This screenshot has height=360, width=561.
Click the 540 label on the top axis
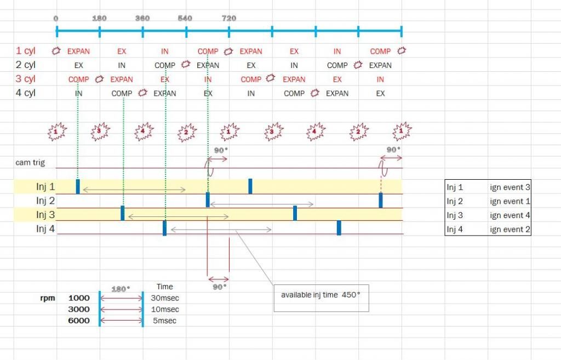point(185,18)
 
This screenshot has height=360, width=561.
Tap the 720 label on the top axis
point(229,18)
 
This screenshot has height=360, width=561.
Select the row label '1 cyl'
point(26,51)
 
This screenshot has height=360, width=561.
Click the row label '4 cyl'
point(26,93)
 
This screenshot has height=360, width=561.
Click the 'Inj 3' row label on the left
point(45,215)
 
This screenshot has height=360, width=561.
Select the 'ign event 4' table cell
point(510,215)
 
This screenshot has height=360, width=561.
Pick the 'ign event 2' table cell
point(510,230)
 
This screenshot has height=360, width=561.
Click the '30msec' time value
point(165,298)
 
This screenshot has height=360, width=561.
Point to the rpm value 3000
point(79,309)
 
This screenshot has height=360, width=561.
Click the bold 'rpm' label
point(48,298)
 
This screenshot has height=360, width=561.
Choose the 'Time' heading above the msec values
point(164,287)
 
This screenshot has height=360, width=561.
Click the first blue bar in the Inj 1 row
point(78,186)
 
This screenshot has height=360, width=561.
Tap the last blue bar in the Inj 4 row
point(339,227)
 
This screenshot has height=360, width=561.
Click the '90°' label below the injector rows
point(219,287)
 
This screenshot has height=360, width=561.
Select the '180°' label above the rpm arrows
point(121,289)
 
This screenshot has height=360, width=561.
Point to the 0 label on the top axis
point(56,18)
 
